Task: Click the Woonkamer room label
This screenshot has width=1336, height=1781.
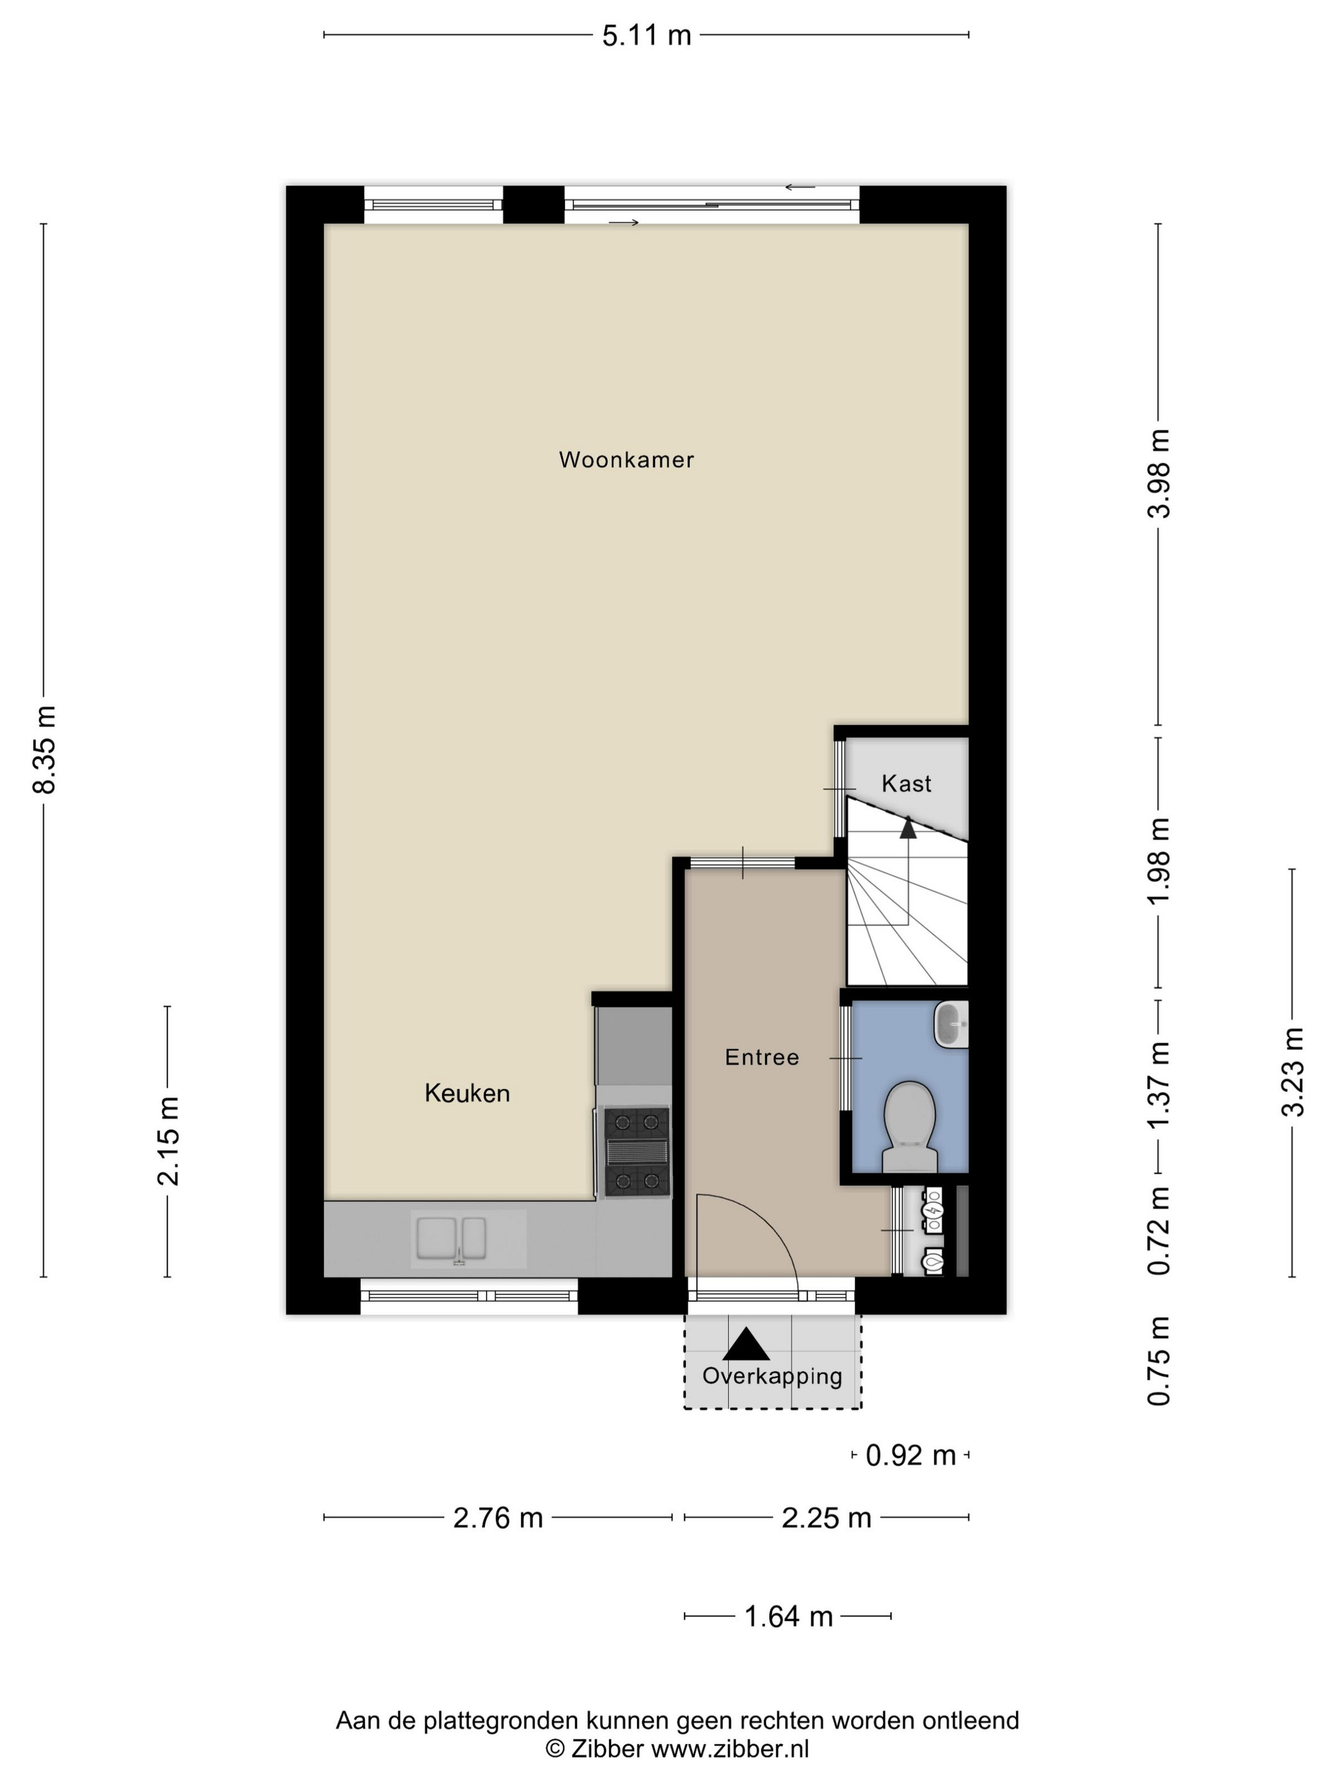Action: pos(626,460)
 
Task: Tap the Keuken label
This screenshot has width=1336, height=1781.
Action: pos(467,1093)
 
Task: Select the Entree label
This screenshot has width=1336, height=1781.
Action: pos(762,1057)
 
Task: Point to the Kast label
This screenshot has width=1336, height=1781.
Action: pos(906,784)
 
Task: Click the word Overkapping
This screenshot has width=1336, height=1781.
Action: pos(772,1376)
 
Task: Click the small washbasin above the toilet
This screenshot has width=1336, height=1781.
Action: pos(951,1024)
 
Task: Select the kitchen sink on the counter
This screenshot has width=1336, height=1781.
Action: pos(451,1238)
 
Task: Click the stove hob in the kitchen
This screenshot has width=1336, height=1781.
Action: pos(637,1152)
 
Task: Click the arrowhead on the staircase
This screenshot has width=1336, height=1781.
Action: pos(908,827)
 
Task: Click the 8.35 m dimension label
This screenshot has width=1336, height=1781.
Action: pos(45,749)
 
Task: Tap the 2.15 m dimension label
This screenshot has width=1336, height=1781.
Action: pos(169,1141)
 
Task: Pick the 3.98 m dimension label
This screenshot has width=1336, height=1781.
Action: pos(1160,473)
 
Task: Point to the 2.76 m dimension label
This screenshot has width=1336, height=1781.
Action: pos(498,1518)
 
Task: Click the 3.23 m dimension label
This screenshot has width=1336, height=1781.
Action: pos(1293,1072)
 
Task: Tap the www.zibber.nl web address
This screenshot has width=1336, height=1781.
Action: pos(730,1748)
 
